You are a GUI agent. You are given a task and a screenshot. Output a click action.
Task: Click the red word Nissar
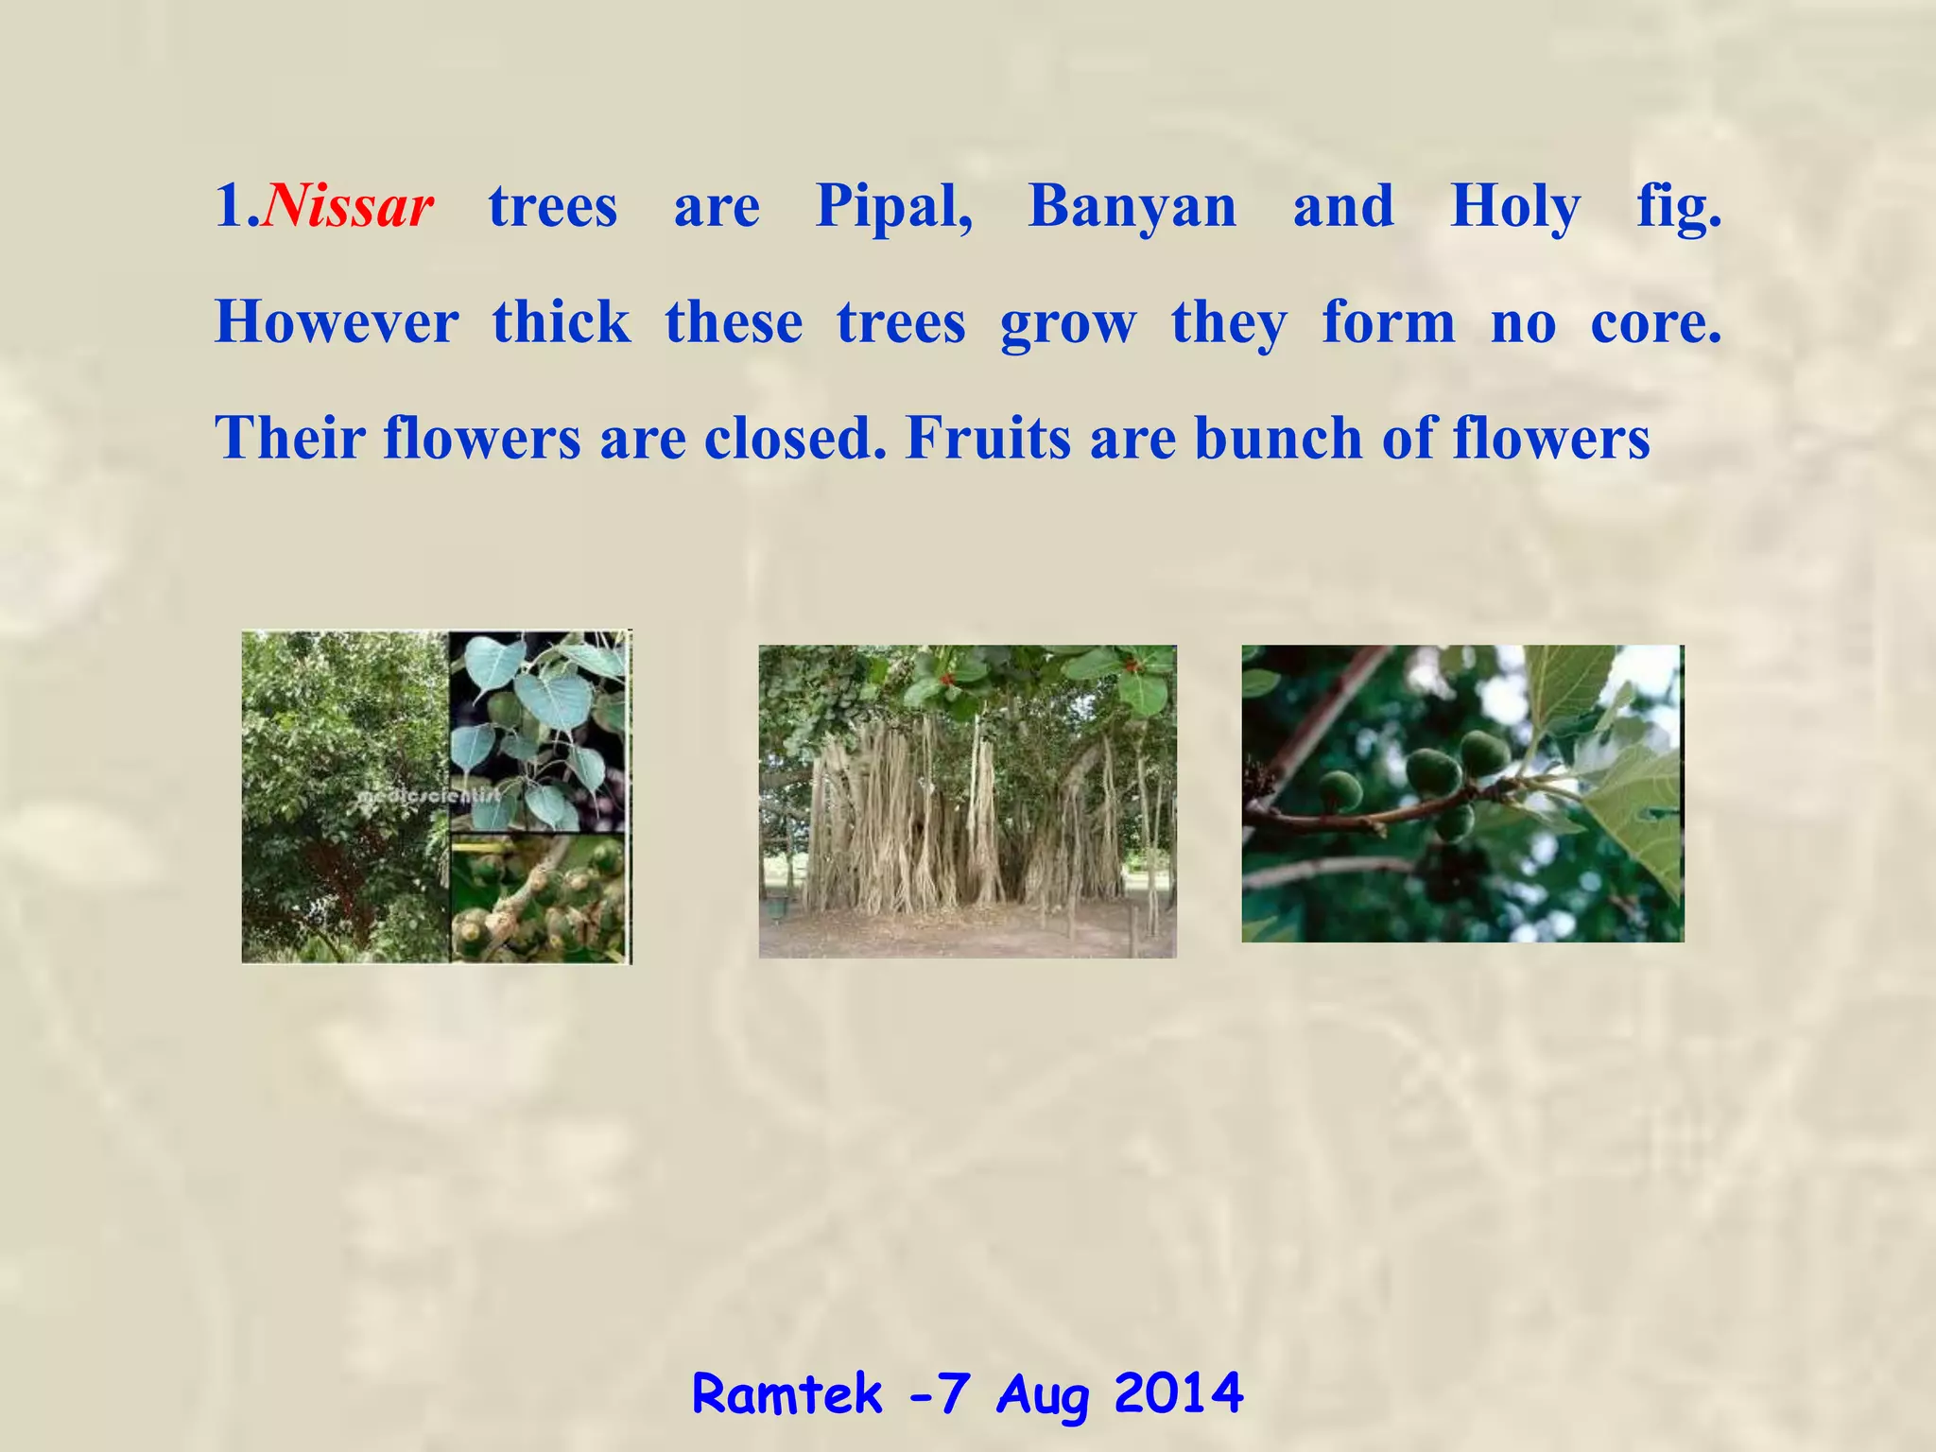tap(350, 206)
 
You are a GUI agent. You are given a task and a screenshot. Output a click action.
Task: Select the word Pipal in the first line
tap(893, 206)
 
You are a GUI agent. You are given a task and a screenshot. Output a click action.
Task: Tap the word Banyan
tap(1132, 206)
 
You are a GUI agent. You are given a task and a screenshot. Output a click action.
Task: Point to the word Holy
tap(1514, 208)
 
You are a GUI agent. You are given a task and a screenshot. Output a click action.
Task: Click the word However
tap(337, 322)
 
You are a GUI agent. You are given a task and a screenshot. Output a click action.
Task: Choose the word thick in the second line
tap(562, 322)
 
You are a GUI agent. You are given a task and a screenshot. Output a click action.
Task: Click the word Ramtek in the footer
tap(787, 1394)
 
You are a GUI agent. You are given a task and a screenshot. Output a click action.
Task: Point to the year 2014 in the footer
tap(1178, 1394)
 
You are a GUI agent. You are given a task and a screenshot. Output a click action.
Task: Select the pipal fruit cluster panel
tap(537, 898)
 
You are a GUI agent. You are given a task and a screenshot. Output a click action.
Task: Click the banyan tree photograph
tap(967, 802)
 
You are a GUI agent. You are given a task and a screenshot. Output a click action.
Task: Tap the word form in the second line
tap(1388, 322)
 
